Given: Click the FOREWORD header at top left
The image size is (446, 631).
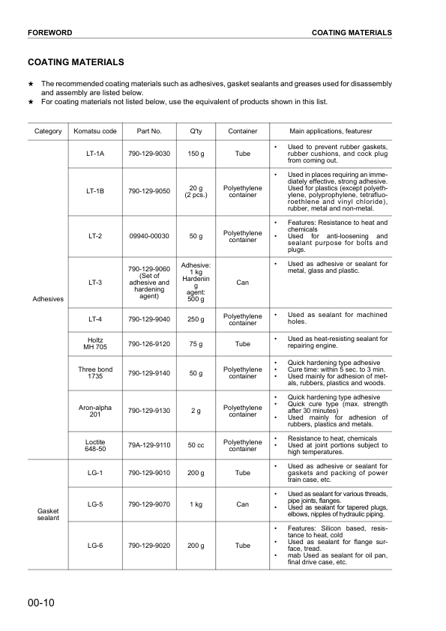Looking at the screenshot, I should (x=49, y=33).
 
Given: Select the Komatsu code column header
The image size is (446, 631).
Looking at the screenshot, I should (x=95, y=132).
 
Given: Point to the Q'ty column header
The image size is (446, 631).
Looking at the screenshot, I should (x=196, y=132).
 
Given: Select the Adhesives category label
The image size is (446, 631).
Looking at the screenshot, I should (x=48, y=299).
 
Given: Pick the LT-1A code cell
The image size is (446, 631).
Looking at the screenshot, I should (x=95, y=154).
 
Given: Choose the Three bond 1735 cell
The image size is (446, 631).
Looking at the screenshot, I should (x=95, y=372).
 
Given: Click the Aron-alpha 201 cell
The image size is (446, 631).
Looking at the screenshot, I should (x=95, y=410).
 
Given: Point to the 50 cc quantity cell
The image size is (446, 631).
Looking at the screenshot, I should (x=196, y=445).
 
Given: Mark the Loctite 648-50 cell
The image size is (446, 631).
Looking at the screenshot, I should (x=95, y=445).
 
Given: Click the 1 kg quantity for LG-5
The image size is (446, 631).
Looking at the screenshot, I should (x=196, y=504).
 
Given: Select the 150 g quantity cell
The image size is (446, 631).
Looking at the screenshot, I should (x=196, y=154).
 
